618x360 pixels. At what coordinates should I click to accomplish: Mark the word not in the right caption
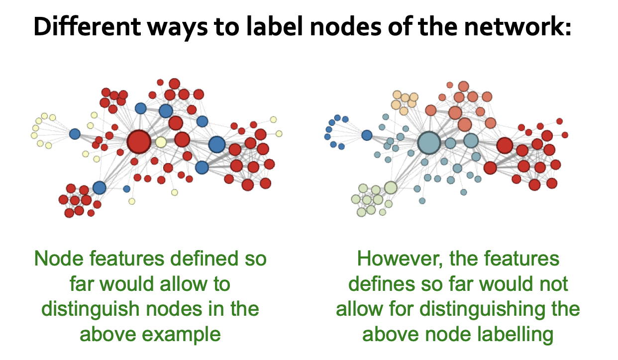coord(553,284)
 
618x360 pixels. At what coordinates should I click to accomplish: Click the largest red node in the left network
coord(139,142)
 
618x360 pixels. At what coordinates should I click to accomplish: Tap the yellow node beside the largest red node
coord(161,143)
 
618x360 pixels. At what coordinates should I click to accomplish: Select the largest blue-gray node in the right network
coord(429,143)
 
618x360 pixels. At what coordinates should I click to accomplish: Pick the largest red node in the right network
coord(505,145)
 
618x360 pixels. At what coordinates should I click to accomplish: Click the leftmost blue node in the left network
coord(75,134)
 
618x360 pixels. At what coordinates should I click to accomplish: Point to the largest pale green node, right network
coord(391,187)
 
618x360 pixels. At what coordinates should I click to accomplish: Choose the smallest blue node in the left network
coord(126,189)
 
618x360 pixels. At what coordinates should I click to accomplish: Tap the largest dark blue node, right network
coord(367,135)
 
